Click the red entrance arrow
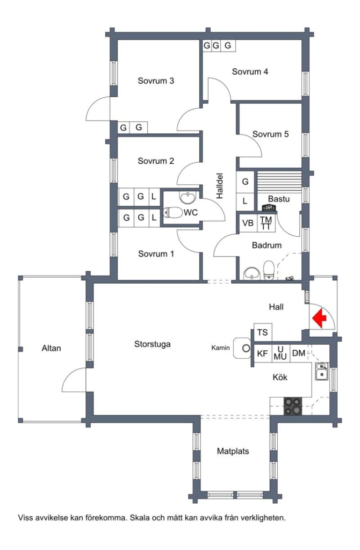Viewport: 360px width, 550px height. coord(320,319)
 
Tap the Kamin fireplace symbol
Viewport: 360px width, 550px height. coord(246,348)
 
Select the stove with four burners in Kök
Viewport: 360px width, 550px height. coord(293,406)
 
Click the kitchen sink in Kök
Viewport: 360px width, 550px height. coord(322,371)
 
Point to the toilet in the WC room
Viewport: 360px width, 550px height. coord(173,213)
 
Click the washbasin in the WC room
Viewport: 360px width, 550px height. coord(188,197)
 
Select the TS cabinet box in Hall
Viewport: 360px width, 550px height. coord(262,332)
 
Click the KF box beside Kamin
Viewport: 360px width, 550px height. coord(262,353)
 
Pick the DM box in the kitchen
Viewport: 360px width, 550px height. coord(298,353)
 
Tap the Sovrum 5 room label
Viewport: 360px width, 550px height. coord(270,134)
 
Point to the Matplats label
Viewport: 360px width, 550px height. coord(233,451)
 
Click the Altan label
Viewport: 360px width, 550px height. coord(52,348)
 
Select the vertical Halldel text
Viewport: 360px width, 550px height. coord(219,186)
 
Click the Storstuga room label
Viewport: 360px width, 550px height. coord(152,344)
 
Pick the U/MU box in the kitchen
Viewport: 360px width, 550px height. coord(280,353)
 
